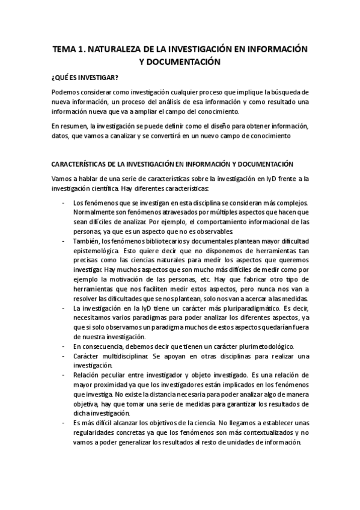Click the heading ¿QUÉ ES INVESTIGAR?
point(85,78)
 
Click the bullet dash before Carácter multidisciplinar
point(64,357)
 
